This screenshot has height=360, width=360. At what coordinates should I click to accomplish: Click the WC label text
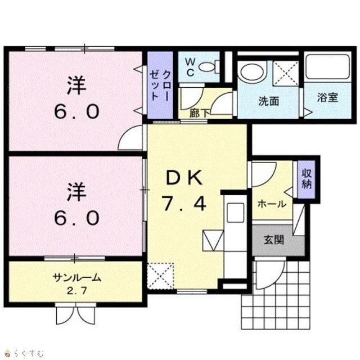click(190, 67)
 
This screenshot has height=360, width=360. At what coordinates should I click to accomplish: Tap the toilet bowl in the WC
click(207, 67)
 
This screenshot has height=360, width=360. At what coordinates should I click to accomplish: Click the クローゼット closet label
click(160, 85)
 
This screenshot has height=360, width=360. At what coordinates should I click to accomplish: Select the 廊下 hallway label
click(199, 113)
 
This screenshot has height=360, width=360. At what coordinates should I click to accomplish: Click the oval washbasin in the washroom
click(251, 72)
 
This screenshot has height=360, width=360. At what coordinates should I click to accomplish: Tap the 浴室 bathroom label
click(327, 97)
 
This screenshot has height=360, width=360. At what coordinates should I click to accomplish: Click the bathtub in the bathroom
click(327, 66)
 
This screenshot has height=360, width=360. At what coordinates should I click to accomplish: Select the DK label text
click(184, 178)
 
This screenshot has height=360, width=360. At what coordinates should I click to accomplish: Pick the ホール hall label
click(272, 204)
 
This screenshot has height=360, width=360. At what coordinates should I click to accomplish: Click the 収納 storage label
click(307, 179)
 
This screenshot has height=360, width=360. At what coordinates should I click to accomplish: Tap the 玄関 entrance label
click(274, 240)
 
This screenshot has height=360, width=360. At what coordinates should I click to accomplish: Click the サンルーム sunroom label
click(77, 278)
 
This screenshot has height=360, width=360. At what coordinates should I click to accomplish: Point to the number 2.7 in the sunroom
click(76, 291)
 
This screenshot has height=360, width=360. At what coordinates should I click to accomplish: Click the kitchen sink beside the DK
click(235, 213)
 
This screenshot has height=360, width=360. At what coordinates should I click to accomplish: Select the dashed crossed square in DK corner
click(160, 276)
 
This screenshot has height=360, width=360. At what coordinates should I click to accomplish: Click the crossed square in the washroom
click(286, 73)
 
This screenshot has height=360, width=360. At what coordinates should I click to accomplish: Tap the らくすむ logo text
click(29, 353)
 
